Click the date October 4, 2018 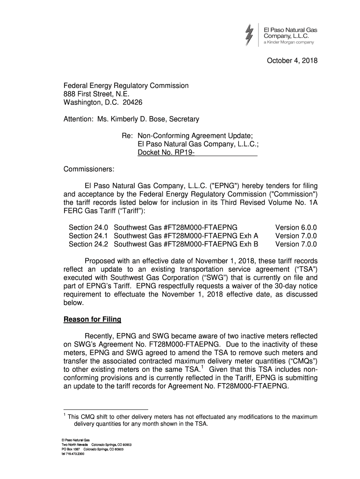pos(292,60)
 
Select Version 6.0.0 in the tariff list pos(296,227)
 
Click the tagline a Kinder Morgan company pos(289,43)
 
